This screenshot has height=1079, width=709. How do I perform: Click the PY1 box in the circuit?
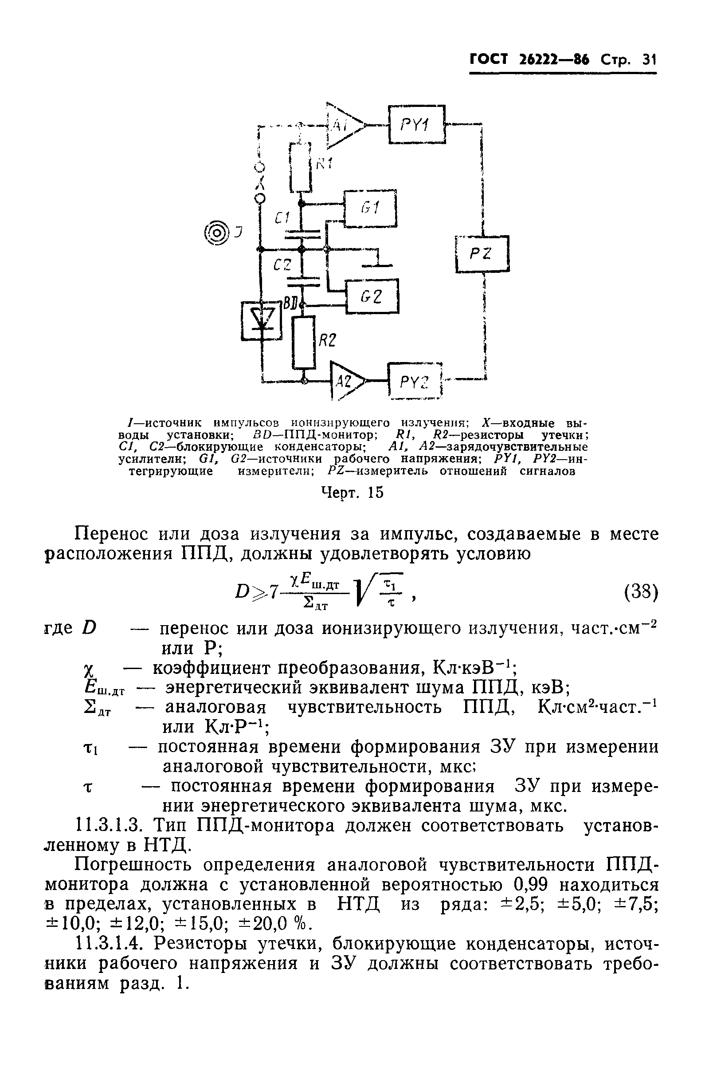[417, 124]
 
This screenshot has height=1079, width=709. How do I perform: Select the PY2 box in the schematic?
[415, 381]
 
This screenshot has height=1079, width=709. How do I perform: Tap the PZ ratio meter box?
[482, 254]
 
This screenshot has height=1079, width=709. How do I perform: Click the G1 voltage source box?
[370, 208]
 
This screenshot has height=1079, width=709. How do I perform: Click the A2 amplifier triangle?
[346, 381]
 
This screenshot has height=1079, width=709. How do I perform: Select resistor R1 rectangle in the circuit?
[300, 166]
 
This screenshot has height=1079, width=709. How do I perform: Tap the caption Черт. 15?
[352, 492]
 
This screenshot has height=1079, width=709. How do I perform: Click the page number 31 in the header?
[649, 59]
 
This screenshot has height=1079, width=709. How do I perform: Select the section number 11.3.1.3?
[109, 826]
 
